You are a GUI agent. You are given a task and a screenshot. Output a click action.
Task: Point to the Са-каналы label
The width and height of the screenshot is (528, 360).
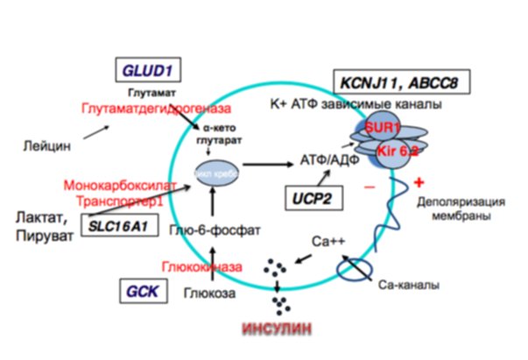(x=406, y=284)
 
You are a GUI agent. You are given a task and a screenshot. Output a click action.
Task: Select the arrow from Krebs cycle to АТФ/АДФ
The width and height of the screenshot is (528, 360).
(x=269, y=163)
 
